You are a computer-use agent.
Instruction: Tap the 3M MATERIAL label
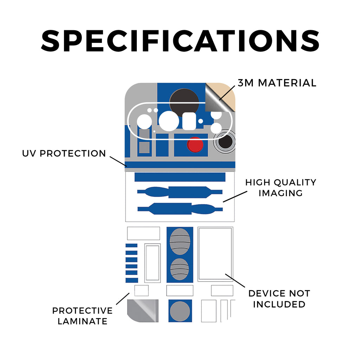(277, 83)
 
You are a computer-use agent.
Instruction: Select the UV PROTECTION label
(64, 154)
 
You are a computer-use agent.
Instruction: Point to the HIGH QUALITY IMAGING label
(281, 187)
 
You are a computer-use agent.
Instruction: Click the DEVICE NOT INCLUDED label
(279, 298)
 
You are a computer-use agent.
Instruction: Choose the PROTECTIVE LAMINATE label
(82, 316)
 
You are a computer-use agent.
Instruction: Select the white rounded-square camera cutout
(189, 121)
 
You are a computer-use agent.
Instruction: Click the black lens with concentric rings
(225, 142)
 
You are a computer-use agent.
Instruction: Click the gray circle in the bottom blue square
(180, 311)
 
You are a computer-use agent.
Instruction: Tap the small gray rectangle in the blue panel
(144, 147)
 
